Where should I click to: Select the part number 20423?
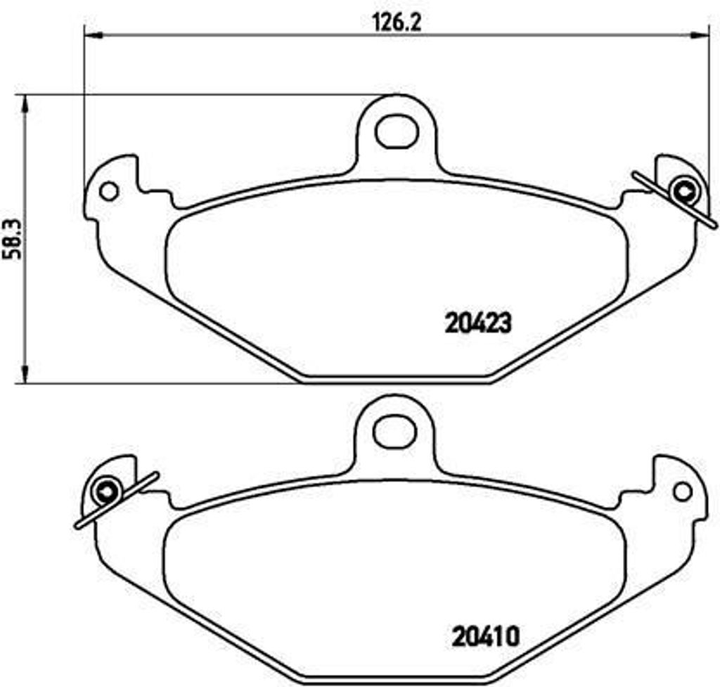[x=477, y=323]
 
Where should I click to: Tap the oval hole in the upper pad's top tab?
[x=394, y=132]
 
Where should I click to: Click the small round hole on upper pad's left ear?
[x=108, y=191]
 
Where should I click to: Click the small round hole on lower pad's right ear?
[x=681, y=492]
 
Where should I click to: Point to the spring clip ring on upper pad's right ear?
[x=683, y=190]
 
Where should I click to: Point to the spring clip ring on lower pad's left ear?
[x=107, y=492]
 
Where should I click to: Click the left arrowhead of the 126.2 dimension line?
[x=90, y=34]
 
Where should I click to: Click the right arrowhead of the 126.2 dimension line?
[x=701, y=34]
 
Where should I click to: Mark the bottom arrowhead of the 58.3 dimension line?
[x=25, y=376]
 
